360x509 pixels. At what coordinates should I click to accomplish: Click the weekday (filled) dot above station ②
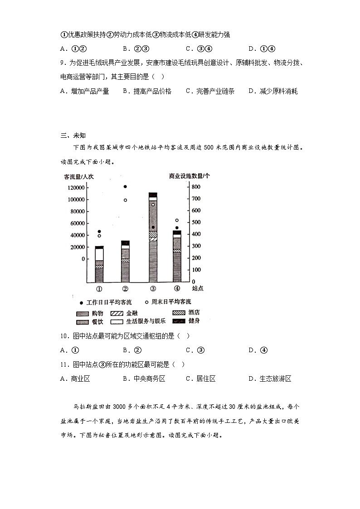125,187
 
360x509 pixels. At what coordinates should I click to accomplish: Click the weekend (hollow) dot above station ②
125,200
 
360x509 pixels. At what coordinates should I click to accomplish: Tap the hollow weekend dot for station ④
177,220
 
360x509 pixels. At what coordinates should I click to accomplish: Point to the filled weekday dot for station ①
99,232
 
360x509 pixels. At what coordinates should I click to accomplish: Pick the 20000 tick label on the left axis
75,247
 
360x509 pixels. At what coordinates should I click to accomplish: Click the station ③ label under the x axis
153,289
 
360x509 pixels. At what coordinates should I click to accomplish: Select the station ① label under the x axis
99,289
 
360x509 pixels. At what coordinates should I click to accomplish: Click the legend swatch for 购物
82,313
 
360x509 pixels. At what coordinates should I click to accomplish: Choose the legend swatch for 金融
117,313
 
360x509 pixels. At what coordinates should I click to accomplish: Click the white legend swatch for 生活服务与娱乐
117,321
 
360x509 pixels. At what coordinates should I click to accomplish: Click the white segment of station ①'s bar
99,254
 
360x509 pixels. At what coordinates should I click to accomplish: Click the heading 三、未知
73,135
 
